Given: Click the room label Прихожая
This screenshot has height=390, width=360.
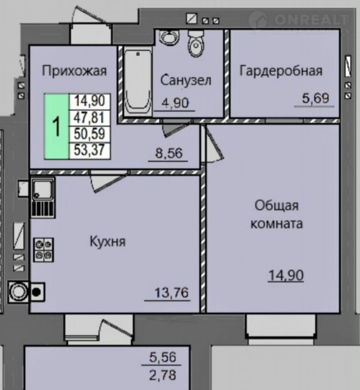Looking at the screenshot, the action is [74, 71].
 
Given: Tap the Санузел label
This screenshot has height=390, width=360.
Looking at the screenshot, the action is [186, 81].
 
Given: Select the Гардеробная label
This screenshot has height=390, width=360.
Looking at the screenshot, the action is [281, 71].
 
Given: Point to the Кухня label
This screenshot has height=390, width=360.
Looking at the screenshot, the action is [108, 241].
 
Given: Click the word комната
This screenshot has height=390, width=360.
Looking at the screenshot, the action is [277, 223].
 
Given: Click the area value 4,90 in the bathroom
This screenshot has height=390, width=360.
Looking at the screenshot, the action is [175, 103].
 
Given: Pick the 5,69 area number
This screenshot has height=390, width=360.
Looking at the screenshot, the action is [315, 98].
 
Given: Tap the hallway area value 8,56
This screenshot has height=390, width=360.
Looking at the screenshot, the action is [169, 153].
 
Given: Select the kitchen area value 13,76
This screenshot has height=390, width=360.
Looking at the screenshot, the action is [172, 292].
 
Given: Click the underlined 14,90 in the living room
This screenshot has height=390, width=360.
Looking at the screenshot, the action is [286, 276].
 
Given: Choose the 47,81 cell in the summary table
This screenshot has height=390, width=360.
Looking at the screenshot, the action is [90, 118].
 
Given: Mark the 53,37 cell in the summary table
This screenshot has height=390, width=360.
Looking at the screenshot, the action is [90, 150].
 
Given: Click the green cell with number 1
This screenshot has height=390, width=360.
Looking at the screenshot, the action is [57, 126].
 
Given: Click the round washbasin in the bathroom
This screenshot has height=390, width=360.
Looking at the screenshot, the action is [169, 37].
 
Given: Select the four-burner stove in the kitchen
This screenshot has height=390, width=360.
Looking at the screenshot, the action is [44, 250].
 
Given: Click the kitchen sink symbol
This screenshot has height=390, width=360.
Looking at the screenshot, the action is [43, 197].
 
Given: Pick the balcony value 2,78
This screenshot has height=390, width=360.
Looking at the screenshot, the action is [163, 375].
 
